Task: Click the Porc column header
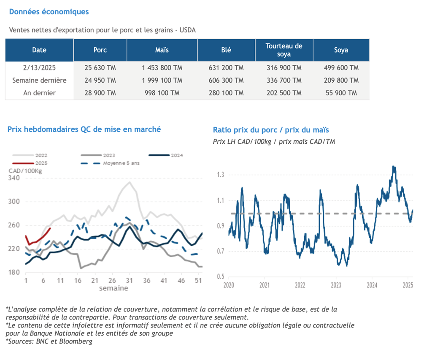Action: pyautogui.click(x=100, y=50)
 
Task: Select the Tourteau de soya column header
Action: pyautogui.click(x=284, y=50)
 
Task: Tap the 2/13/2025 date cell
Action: pyautogui.click(x=39, y=68)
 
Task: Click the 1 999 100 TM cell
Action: pyautogui.click(x=162, y=81)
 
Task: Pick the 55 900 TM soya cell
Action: pyautogui.click(x=341, y=93)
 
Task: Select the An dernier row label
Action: pyautogui.click(x=39, y=93)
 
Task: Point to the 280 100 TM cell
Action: pyautogui.click(x=226, y=93)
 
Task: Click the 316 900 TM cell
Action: pyautogui.click(x=284, y=68)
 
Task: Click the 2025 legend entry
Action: pyautogui.click(x=30, y=163)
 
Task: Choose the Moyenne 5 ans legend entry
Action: pyautogui.click(x=110, y=163)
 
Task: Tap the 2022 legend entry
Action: pyautogui.click(x=30, y=156)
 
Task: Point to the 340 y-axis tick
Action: pyautogui.click(x=14, y=178)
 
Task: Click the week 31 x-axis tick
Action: pyautogui.click(x=129, y=280)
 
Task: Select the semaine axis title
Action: pyautogui.click(x=113, y=288)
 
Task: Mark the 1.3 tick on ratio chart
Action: pyautogui.click(x=221, y=175)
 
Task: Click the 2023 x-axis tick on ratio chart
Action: pyautogui.click(x=336, y=285)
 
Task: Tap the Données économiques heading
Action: pyautogui.click(x=49, y=12)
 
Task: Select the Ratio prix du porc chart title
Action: pyautogui.click(x=271, y=130)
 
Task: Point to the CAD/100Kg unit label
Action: pyautogui.click(x=25, y=171)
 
